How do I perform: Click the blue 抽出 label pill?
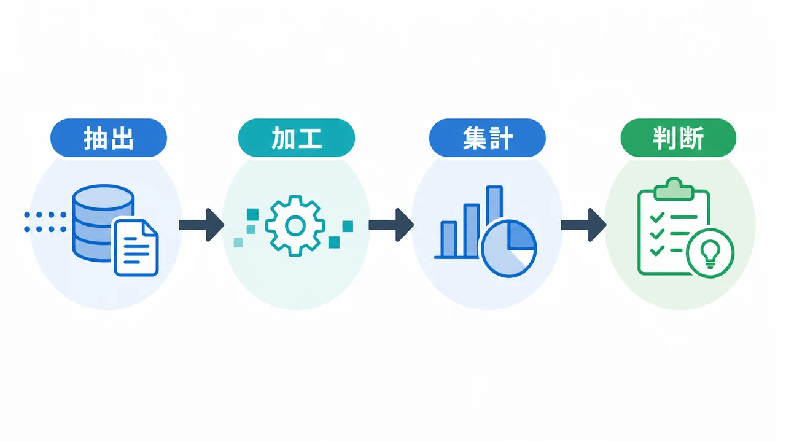[109, 138]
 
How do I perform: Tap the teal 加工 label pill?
[297, 138]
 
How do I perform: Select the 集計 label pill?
[488, 138]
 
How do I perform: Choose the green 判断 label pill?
[679, 138]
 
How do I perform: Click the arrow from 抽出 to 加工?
[201, 225]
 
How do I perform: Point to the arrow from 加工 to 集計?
[391, 225]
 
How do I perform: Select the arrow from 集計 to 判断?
[583, 225]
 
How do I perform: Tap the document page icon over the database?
[136, 247]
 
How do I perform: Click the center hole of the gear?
[295, 226]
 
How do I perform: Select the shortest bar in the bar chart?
[448, 239]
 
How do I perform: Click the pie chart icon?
[508, 249]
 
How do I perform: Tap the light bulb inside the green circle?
[710, 254]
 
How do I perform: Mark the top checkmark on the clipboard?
[657, 217]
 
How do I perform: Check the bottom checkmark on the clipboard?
[657, 250]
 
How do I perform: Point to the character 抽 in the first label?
[95, 139]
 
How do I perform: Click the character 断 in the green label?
[691, 138]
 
